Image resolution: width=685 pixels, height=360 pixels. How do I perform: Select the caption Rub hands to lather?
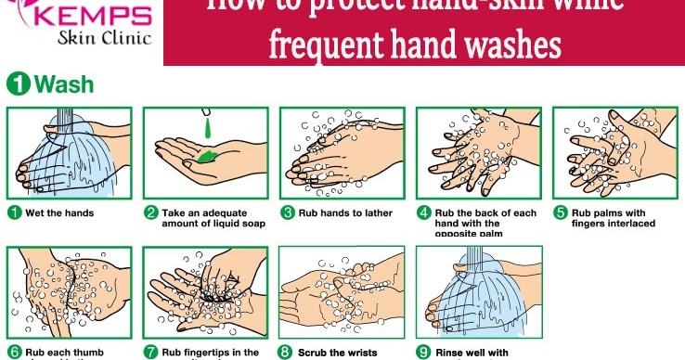coord(344,212)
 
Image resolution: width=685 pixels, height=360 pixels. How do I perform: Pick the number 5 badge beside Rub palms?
coord(560,212)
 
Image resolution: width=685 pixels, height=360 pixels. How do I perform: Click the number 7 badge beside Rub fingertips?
coord(150,352)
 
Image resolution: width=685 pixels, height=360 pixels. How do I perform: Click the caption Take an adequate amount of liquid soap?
coord(205,218)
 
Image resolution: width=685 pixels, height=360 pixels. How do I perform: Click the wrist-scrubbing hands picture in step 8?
coord(341,293)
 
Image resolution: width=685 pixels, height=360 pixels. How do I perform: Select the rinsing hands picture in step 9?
coord(477,293)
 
